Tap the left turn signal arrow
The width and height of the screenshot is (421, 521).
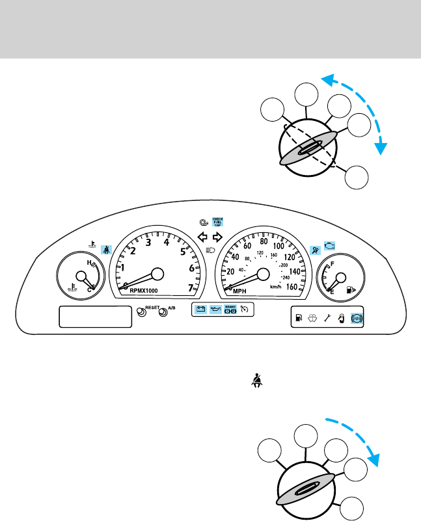pyautogui.click(x=202, y=237)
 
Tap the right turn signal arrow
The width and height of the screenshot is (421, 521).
pyautogui.click(x=218, y=237)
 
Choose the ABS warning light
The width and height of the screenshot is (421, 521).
pyautogui.click(x=357, y=319)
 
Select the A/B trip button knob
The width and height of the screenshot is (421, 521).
pyautogui.click(x=163, y=312)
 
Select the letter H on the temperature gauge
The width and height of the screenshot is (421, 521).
pyautogui.click(x=88, y=263)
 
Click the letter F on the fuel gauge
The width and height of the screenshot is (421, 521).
pyautogui.click(x=332, y=264)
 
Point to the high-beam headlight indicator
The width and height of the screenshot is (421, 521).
pyautogui.click(x=210, y=250)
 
